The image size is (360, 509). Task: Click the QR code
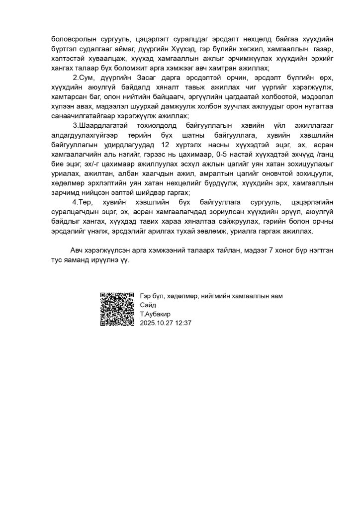[117, 309]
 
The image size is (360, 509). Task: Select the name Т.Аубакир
[156, 314]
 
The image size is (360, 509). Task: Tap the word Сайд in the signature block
[148, 305]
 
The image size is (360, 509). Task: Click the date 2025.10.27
[158, 322]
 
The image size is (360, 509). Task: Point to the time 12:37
[184, 322]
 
